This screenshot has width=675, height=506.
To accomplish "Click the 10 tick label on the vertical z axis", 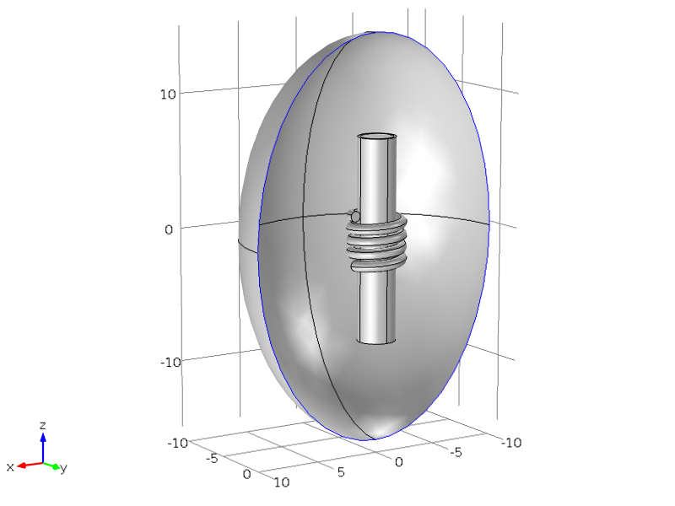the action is (168, 94).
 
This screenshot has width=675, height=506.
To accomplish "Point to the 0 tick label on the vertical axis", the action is (169, 229).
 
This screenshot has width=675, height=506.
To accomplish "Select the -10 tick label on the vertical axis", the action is (170, 363).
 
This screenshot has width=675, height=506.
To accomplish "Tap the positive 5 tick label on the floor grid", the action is (341, 472).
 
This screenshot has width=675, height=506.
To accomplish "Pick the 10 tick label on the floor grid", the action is (282, 482).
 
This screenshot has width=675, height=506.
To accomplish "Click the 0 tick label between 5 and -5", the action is (398, 462).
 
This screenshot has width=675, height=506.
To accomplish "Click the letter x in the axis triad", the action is (10, 467).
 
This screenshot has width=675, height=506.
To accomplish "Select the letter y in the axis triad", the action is (64, 468).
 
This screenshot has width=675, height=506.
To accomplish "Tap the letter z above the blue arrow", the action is (43, 426).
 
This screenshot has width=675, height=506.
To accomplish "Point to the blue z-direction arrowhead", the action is (43, 437).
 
